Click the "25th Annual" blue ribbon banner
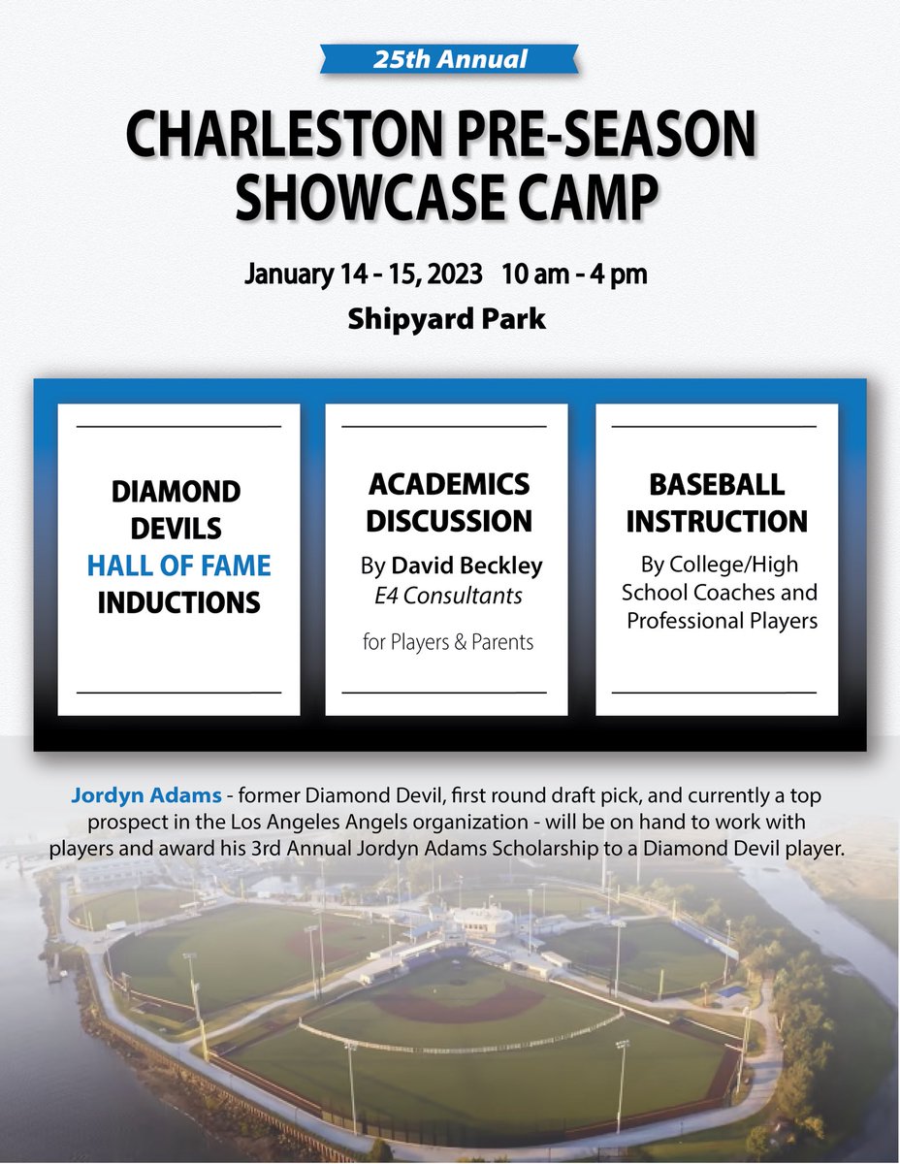(x=450, y=60)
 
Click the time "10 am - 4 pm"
(x=574, y=275)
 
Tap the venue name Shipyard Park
(x=447, y=319)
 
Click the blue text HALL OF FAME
(x=178, y=566)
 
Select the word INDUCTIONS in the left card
(x=178, y=602)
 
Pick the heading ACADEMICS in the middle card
(x=448, y=483)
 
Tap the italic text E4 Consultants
(x=448, y=596)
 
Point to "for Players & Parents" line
(x=448, y=641)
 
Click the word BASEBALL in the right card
(x=718, y=483)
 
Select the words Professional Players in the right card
(x=723, y=620)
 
